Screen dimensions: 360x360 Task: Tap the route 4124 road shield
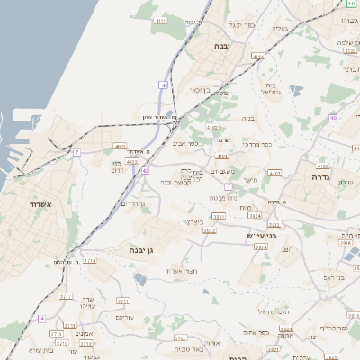[x=259, y=56]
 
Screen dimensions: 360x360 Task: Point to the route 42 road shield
[x=146, y=169]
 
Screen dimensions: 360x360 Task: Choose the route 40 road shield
[x=333, y=117]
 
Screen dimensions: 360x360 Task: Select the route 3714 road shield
[x=89, y=261]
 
